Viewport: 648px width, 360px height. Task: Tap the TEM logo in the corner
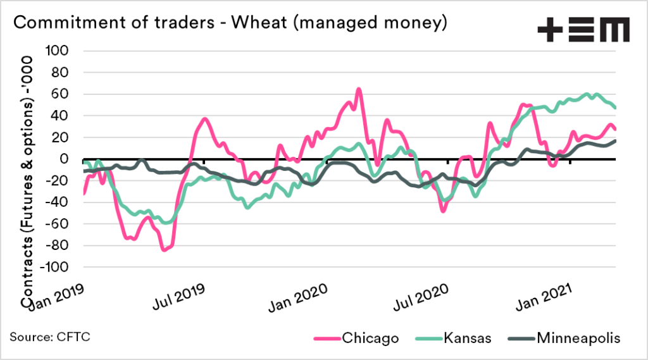tap(583, 30)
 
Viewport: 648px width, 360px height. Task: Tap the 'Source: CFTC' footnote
tap(50, 336)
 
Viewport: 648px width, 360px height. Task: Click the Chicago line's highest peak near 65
tap(359, 89)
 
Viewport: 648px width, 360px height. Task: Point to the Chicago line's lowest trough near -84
tap(165, 250)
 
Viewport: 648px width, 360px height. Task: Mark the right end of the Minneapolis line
tap(615, 141)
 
